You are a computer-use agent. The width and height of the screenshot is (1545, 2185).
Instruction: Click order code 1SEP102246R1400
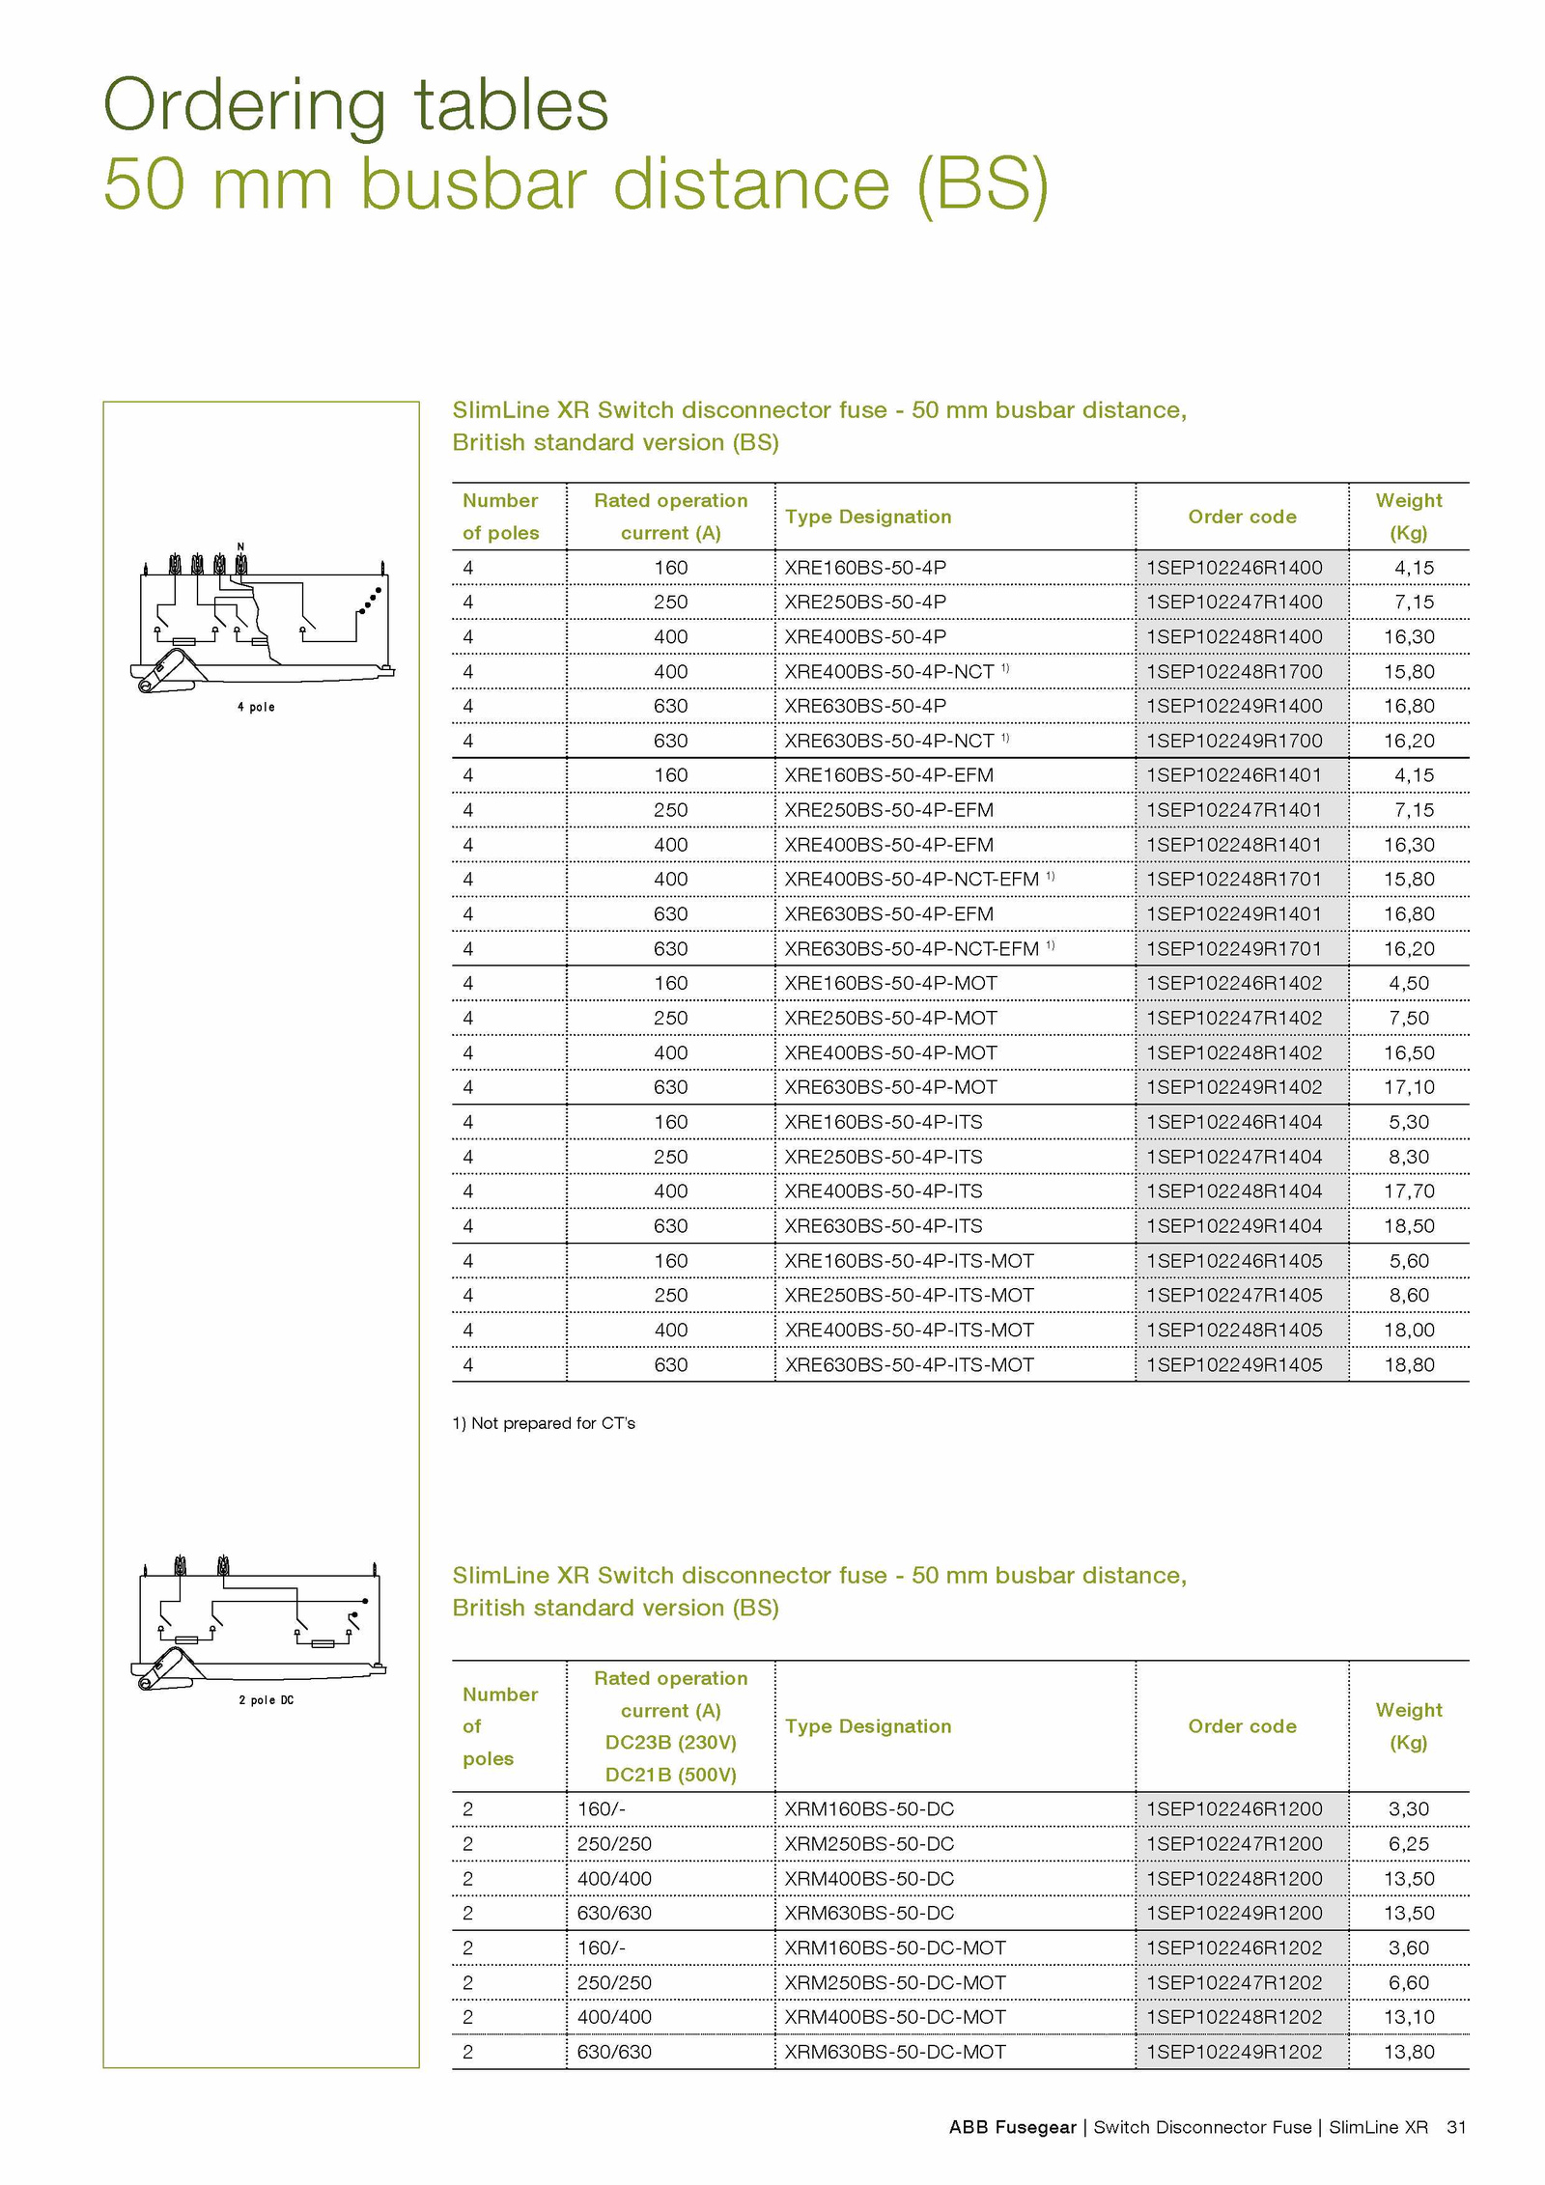[x=1233, y=568]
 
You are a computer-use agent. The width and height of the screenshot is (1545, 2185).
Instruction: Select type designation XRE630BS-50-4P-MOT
[x=889, y=1087]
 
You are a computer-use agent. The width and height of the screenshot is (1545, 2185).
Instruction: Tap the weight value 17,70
[x=1408, y=1191]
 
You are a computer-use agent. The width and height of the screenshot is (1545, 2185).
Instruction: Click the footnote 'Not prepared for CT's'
[x=544, y=1423]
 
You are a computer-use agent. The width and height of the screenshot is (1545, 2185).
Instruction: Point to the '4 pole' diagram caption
[x=256, y=708]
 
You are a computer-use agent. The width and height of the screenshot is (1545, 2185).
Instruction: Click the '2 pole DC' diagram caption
[x=266, y=1700]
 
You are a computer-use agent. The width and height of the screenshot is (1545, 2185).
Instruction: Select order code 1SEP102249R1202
[x=1233, y=2052]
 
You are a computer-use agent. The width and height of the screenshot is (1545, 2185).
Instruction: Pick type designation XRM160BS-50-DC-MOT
[x=894, y=1948]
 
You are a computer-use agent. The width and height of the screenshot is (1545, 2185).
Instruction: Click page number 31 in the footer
[x=1456, y=2127]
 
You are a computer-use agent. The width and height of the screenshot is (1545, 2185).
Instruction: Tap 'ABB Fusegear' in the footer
[x=1011, y=2127]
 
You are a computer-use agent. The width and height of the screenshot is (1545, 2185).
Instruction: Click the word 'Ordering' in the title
[x=244, y=106]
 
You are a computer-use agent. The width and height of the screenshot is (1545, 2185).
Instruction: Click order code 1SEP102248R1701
[x=1233, y=880]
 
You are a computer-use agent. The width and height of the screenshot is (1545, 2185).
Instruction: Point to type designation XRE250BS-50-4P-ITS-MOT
[x=908, y=1296]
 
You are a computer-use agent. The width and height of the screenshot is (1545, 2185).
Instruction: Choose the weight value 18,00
[x=1408, y=1331]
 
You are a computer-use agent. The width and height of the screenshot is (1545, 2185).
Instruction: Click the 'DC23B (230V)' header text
[x=670, y=1743]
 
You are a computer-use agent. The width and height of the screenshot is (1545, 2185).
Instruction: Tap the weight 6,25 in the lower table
[x=1408, y=1844]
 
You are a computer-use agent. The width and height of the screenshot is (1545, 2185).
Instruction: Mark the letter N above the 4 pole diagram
[x=240, y=546]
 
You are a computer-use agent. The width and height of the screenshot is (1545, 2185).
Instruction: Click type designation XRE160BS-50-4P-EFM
[x=888, y=775]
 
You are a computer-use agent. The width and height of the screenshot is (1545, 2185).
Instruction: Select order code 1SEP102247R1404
[x=1233, y=1157]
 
